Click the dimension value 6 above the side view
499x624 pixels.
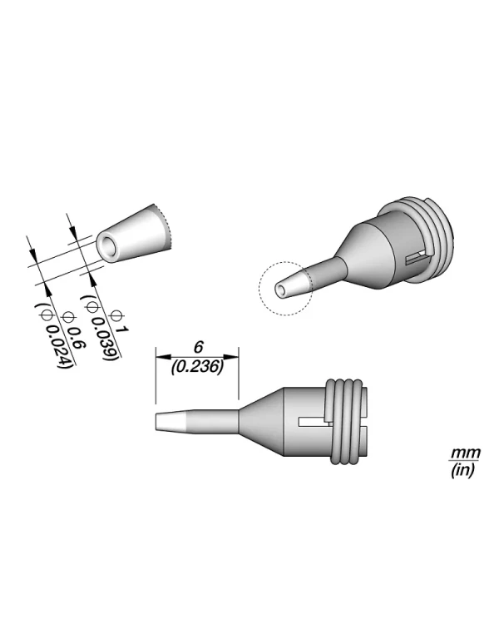(x=198, y=345)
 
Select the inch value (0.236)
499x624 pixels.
(x=198, y=364)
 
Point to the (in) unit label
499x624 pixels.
(x=460, y=471)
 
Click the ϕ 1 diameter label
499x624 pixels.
(x=119, y=322)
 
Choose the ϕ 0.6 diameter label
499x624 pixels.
(x=72, y=330)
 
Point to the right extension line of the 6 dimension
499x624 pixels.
(x=240, y=379)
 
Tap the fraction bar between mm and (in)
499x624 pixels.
(x=460, y=462)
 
